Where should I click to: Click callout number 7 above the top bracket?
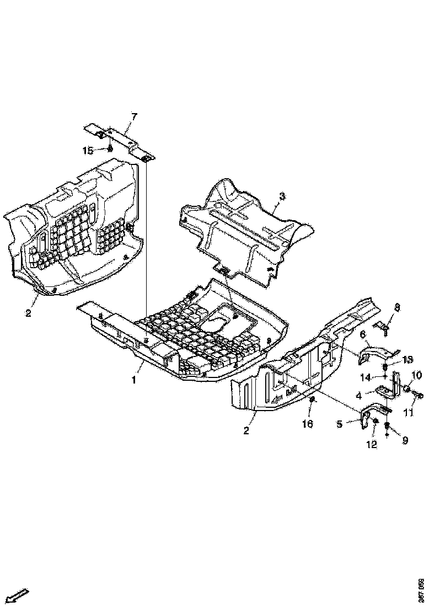(x=133, y=116)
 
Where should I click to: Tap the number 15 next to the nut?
(x=87, y=150)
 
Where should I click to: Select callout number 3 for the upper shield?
(x=282, y=196)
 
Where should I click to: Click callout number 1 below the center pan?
(x=133, y=380)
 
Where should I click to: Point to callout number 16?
(x=307, y=423)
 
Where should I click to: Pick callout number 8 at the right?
(x=397, y=307)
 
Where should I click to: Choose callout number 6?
(x=363, y=334)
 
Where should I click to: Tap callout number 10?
(x=416, y=375)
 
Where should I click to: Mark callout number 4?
(x=358, y=395)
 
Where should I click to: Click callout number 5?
(x=340, y=424)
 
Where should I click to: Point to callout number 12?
(x=372, y=444)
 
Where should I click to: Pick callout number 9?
(x=405, y=441)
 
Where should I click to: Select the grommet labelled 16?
(x=312, y=399)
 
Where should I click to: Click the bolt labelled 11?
(x=419, y=395)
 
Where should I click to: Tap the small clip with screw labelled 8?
(x=385, y=328)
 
